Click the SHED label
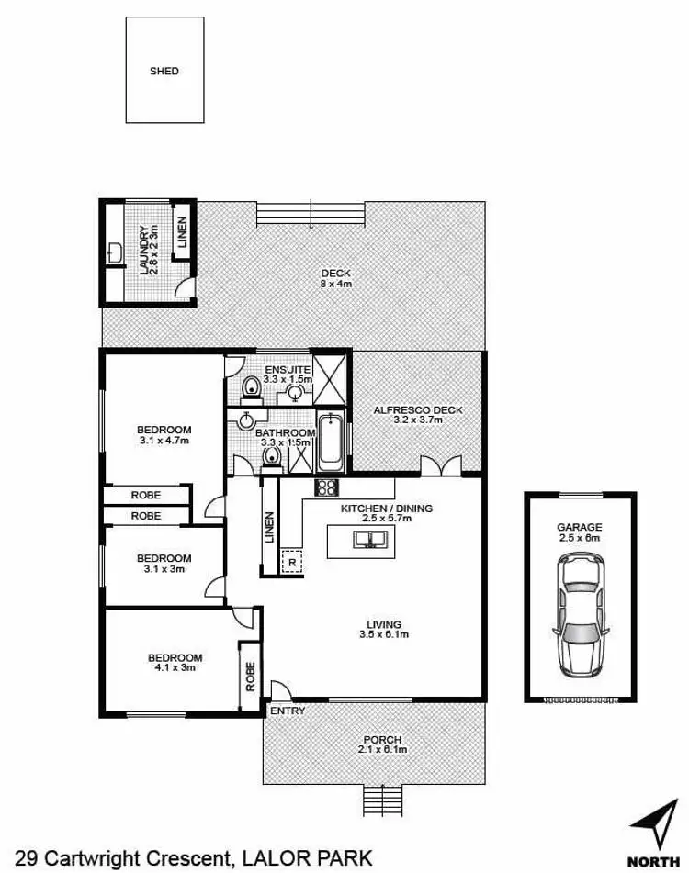(x=164, y=71)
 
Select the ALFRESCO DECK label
(x=418, y=409)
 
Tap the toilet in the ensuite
(x=249, y=392)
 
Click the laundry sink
(x=115, y=253)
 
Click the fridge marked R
(x=292, y=561)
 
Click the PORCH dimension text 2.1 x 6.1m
(x=383, y=750)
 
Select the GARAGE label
(x=579, y=527)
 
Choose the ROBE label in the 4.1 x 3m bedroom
(x=248, y=677)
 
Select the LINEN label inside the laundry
(x=182, y=233)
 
